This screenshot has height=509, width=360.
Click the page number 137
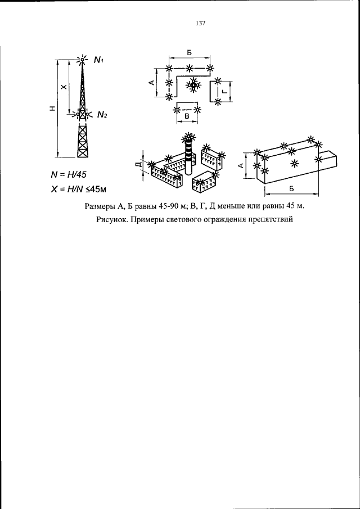[201, 23]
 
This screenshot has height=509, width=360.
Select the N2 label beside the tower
[102, 114]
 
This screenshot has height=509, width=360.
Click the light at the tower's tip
[83, 59]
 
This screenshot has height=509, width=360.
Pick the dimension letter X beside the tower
[64, 87]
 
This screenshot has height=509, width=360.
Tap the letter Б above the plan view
[189, 52]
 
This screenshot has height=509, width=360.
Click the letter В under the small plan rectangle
[187, 116]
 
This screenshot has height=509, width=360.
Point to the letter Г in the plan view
[224, 92]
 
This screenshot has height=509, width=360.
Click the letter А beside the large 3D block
[241, 166]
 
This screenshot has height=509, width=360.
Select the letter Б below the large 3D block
[291, 189]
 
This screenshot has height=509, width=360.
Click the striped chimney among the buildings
[188, 155]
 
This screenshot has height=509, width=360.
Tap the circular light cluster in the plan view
[193, 85]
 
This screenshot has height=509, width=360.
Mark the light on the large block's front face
[294, 163]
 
